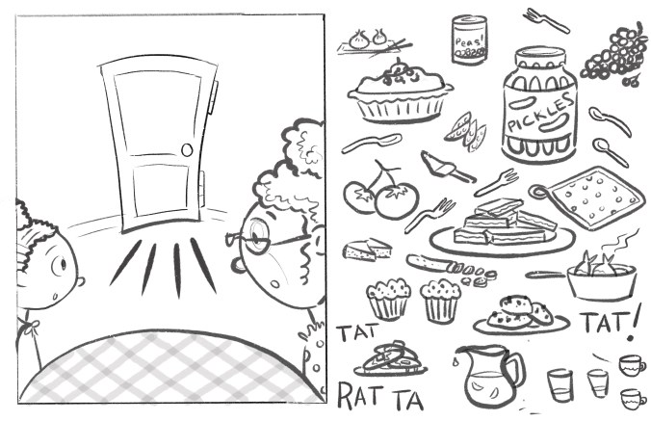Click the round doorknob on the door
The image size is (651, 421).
point(187,149)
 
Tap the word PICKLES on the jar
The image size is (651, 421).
point(540,113)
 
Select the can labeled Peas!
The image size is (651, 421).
point(469,39)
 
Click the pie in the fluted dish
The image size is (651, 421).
point(400,92)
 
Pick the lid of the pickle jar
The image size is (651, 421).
point(540,57)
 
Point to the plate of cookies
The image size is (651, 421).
point(521,316)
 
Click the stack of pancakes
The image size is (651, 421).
point(391,359)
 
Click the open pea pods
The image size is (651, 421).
point(466,130)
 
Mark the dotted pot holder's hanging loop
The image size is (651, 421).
point(538,192)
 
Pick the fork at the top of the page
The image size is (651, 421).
point(545,20)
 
